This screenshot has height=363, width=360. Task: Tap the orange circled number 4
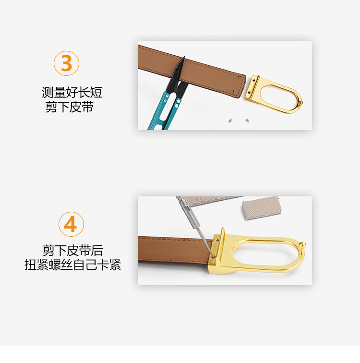[71, 224]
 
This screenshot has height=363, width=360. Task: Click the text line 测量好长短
[72, 92]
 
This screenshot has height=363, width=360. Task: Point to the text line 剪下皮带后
[72, 250]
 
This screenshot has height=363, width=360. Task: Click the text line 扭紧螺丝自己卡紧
[72, 265]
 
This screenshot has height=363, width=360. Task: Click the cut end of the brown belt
[240, 85]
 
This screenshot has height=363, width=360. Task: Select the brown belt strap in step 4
[173, 248]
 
